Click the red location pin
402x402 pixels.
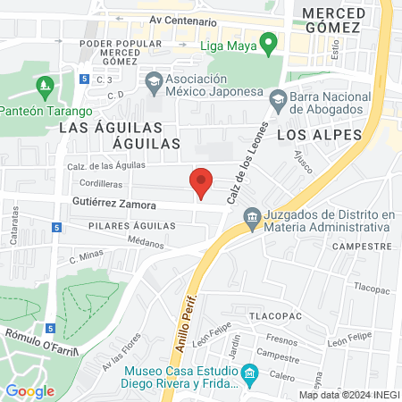tap(202, 182)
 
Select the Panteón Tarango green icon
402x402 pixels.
tap(44, 88)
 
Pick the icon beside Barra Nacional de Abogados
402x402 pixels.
tap(278, 97)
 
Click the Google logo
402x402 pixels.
tap(29, 390)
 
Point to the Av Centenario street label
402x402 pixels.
tap(183, 20)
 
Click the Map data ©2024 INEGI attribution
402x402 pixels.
tap(349, 394)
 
